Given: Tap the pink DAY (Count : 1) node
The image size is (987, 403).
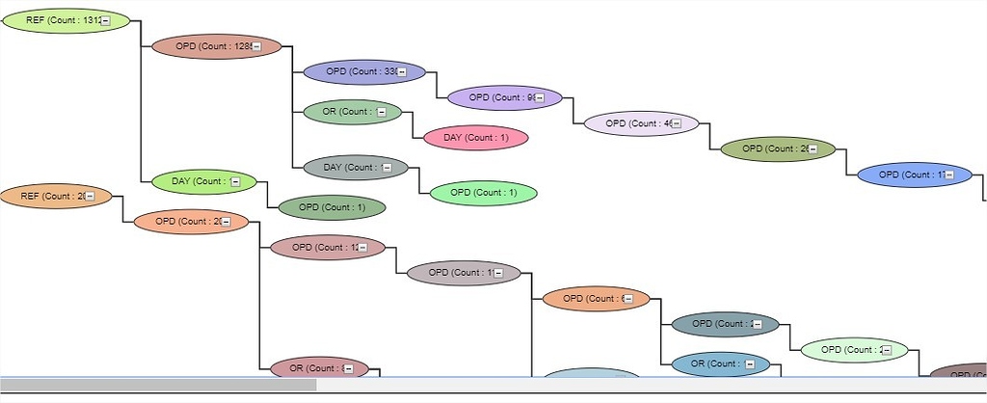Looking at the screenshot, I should coord(476,138).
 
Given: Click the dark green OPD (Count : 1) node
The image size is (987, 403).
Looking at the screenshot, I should coord(332,207).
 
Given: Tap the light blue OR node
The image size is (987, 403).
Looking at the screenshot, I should coord(714,364).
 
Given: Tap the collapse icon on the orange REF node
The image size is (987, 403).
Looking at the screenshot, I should coord(90,197).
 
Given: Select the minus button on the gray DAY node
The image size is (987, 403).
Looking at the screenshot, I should coord(387,168).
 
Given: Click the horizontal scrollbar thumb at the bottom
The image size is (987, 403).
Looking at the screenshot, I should coord(158,385).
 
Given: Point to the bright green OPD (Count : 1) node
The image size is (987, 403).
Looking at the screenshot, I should coord(483,193).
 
